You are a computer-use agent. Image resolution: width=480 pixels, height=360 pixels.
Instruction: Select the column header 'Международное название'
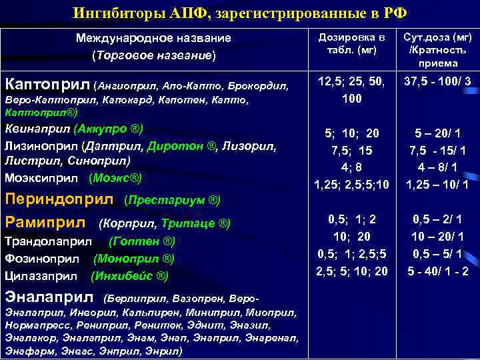click(153, 38)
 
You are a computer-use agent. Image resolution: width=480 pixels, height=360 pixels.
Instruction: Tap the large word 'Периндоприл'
click(61, 199)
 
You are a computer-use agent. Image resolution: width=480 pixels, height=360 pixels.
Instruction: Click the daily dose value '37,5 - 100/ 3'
click(438, 82)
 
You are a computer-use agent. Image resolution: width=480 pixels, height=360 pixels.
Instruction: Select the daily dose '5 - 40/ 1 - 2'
click(438, 271)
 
